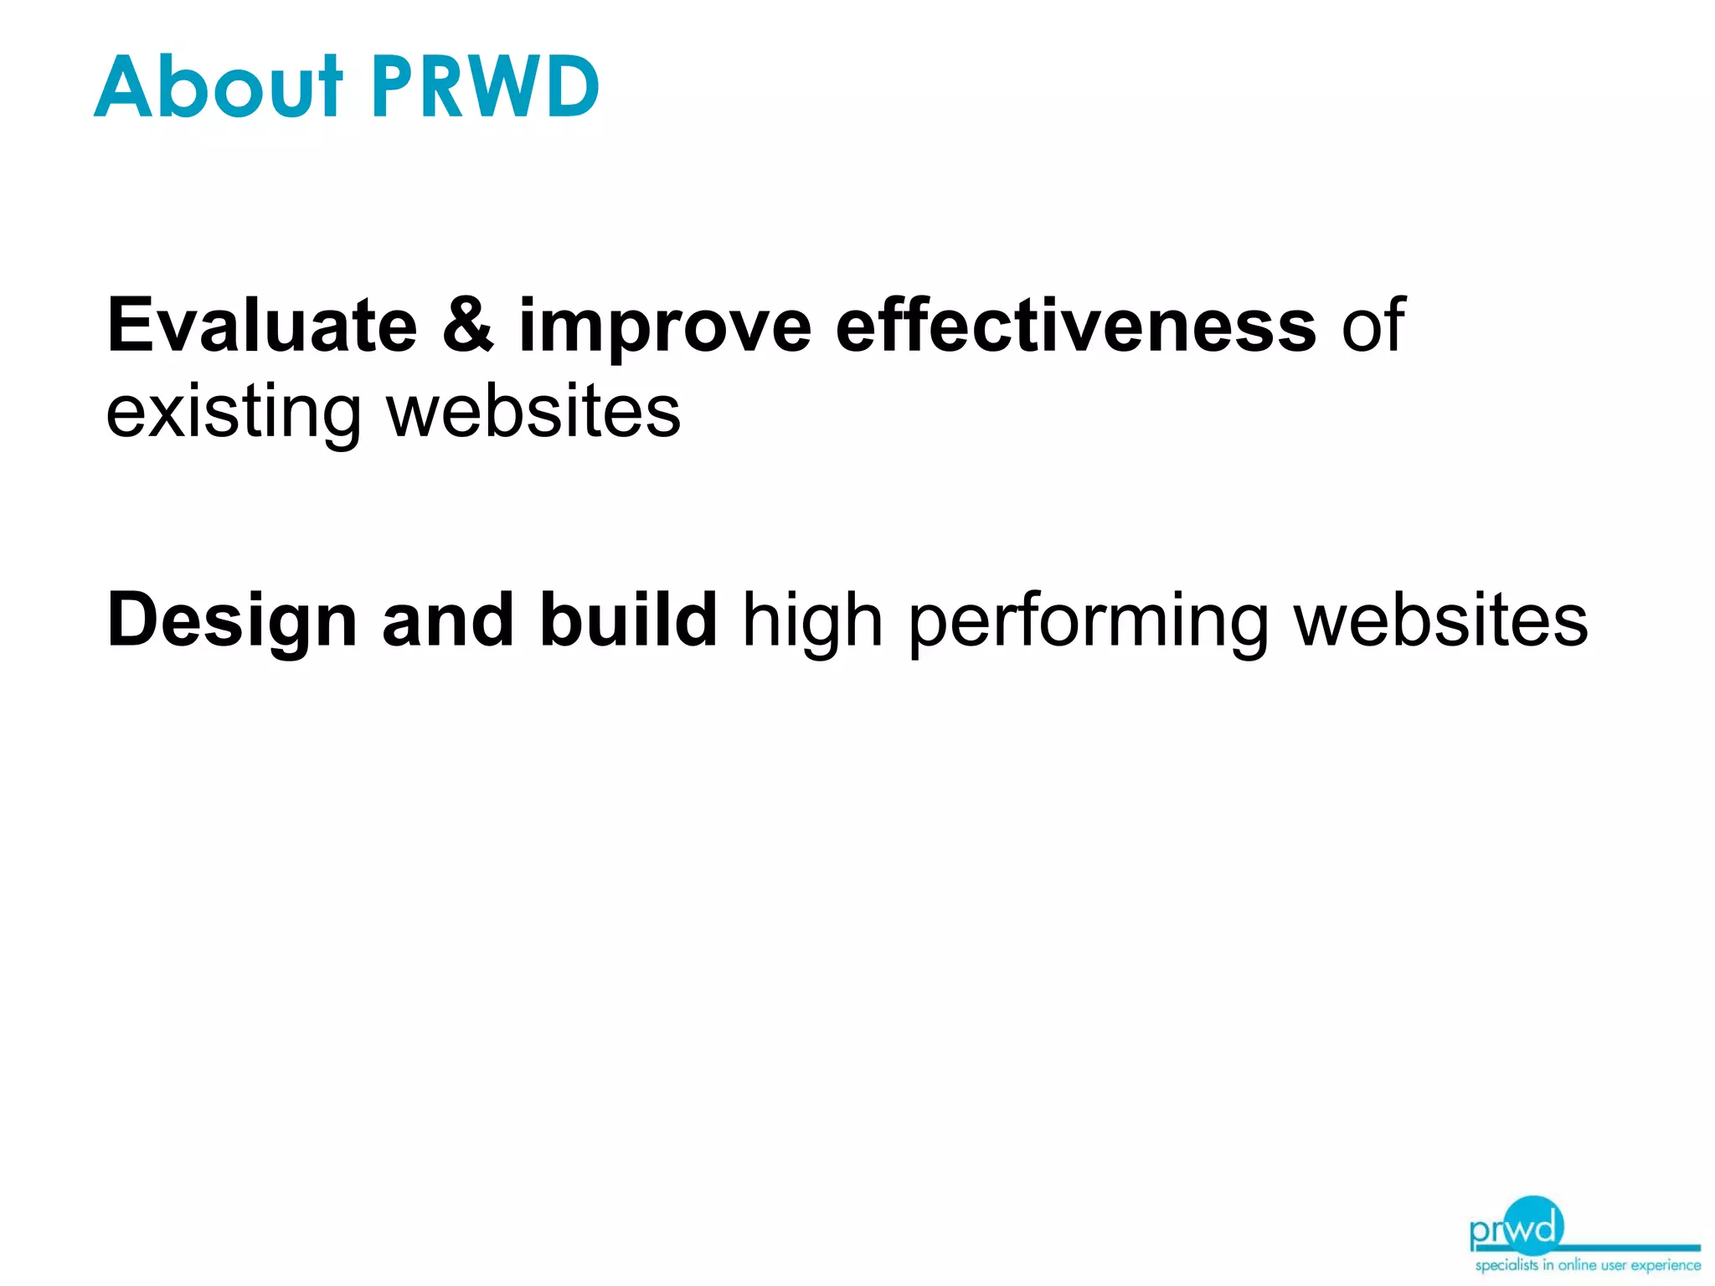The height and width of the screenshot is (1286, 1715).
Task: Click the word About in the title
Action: click(x=219, y=86)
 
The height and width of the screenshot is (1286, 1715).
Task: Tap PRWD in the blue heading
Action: click(x=485, y=86)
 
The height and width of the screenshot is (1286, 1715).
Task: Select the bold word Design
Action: click(x=232, y=622)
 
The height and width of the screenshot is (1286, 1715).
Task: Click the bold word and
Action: click(x=447, y=620)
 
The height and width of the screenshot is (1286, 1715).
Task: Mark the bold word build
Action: click(x=628, y=620)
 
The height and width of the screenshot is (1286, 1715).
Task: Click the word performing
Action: click(x=1088, y=622)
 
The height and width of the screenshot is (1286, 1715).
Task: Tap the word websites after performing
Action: click(x=1440, y=620)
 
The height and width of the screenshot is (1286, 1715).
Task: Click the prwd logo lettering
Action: click(x=1516, y=1229)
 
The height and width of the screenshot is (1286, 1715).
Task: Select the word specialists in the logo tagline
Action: click(x=1506, y=1265)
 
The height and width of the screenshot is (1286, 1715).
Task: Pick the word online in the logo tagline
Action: click(x=1578, y=1265)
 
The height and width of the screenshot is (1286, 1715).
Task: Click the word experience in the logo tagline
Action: click(x=1666, y=1265)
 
